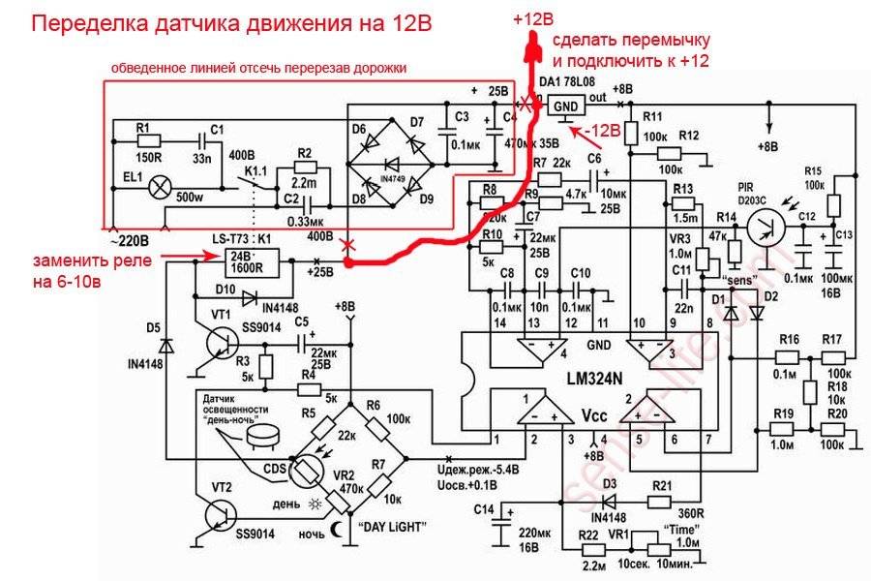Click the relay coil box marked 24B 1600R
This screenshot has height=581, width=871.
tap(251, 261)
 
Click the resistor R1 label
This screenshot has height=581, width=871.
tap(142, 128)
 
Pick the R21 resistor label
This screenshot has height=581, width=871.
tap(662, 484)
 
